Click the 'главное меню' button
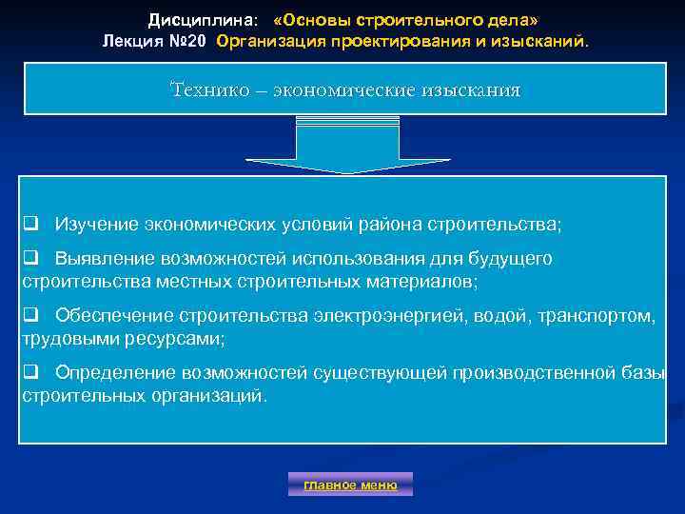pos(350,484)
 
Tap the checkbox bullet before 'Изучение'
pos(30,224)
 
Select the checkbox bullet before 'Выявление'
pos(30,259)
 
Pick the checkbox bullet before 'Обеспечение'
pos(30,315)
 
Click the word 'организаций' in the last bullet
pos(212,395)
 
